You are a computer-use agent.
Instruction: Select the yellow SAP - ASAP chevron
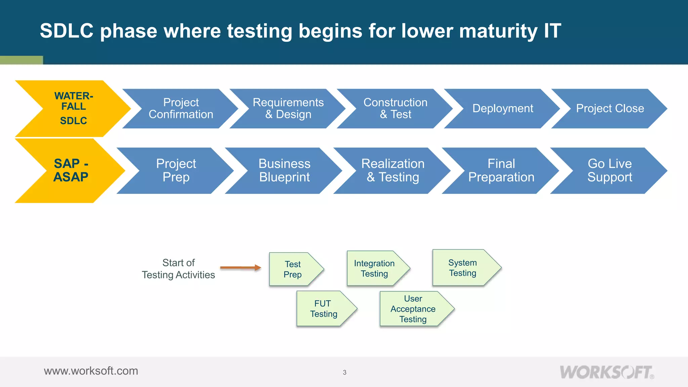coord(71,170)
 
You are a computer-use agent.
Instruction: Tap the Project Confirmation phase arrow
coord(181,109)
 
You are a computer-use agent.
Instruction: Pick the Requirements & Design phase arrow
coord(288,109)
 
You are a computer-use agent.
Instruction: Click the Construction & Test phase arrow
coord(395,109)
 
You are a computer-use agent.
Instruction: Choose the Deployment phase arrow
coord(503,109)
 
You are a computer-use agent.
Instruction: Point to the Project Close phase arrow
coord(610,109)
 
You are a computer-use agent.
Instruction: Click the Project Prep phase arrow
coord(176,170)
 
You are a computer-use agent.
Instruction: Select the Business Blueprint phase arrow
coord(284,170)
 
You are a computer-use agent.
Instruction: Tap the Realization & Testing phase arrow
coord(393,170)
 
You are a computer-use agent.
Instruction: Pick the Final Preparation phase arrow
coord(501,170)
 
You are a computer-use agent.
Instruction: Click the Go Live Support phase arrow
coord(610,170)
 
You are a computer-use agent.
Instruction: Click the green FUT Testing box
coord(323,309)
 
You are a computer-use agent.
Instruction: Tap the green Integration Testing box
coord(375,268)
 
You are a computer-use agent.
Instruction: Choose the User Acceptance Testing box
coord(413,309)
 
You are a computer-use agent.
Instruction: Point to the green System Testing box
coord(463,268)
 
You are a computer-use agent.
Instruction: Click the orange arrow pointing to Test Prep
coord(241,268)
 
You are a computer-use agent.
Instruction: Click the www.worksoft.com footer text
coord(91,371)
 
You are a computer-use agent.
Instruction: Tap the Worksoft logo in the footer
coord(606,372)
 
